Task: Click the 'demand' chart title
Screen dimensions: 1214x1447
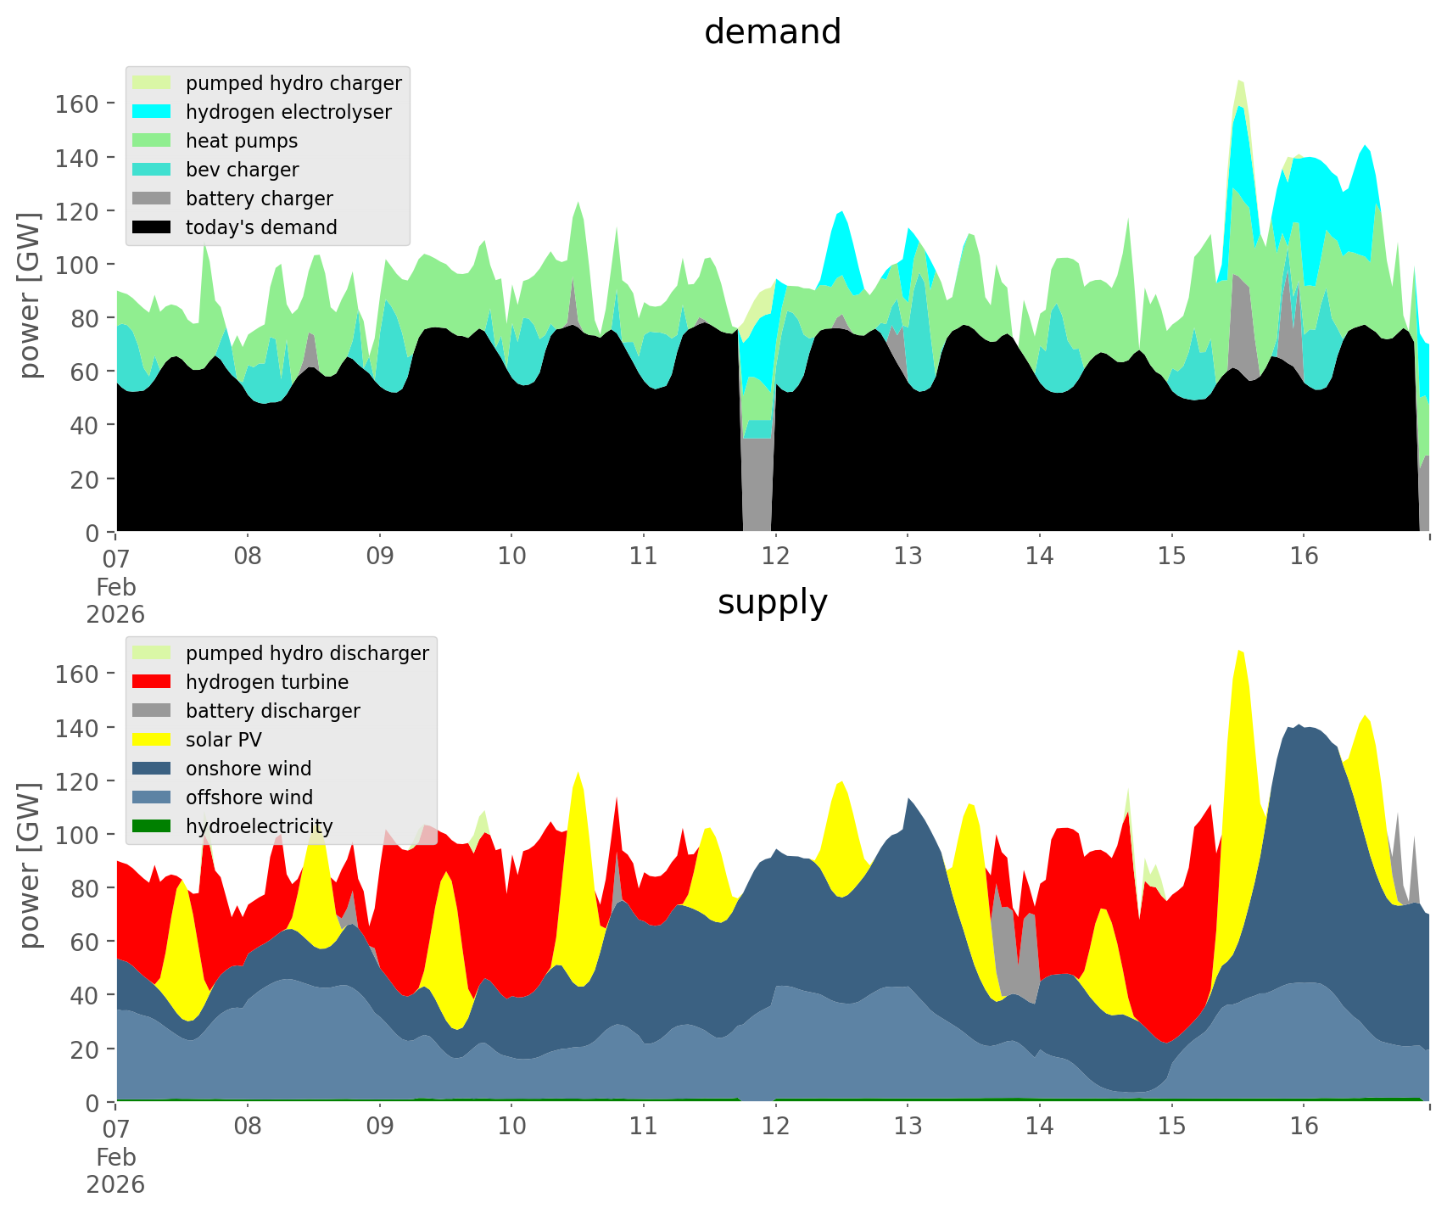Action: point(772,32)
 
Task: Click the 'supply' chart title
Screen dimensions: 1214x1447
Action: point(772,602)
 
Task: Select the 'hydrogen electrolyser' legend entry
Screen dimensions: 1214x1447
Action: point(288,112)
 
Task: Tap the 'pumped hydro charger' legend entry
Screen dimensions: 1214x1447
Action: point(293,83)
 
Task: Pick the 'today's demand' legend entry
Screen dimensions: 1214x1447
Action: point(261,227)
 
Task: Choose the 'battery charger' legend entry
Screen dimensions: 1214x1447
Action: point(259,199)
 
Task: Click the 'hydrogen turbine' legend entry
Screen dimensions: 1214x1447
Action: point(266,682)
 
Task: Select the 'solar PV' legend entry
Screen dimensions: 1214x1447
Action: point(223,740)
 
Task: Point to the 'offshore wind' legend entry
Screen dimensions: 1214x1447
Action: point(249,797)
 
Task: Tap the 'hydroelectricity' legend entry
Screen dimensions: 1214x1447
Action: point(259,826)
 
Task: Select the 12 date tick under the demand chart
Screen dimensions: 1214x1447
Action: point(775,557)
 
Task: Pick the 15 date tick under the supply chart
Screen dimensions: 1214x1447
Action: point(1171,1127)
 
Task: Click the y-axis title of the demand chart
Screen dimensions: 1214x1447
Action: point(31,295)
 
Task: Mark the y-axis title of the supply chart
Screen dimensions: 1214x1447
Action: point(31,865)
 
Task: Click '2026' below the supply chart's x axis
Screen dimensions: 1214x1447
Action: point(115,1184)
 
